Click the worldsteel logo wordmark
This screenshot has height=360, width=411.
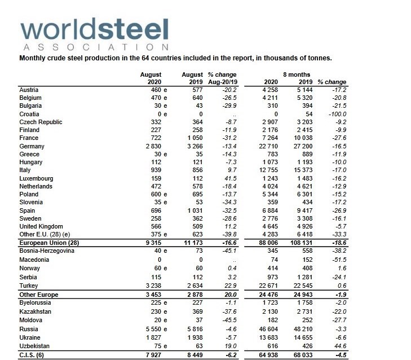(x=93, y=28)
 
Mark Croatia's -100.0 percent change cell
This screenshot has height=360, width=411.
(x=335, y=114)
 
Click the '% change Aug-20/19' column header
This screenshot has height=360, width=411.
(x=222, y=78)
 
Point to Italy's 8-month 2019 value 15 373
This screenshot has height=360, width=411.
(x=304, y=170)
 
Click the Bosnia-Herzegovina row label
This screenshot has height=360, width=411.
(x=47, y=251)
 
